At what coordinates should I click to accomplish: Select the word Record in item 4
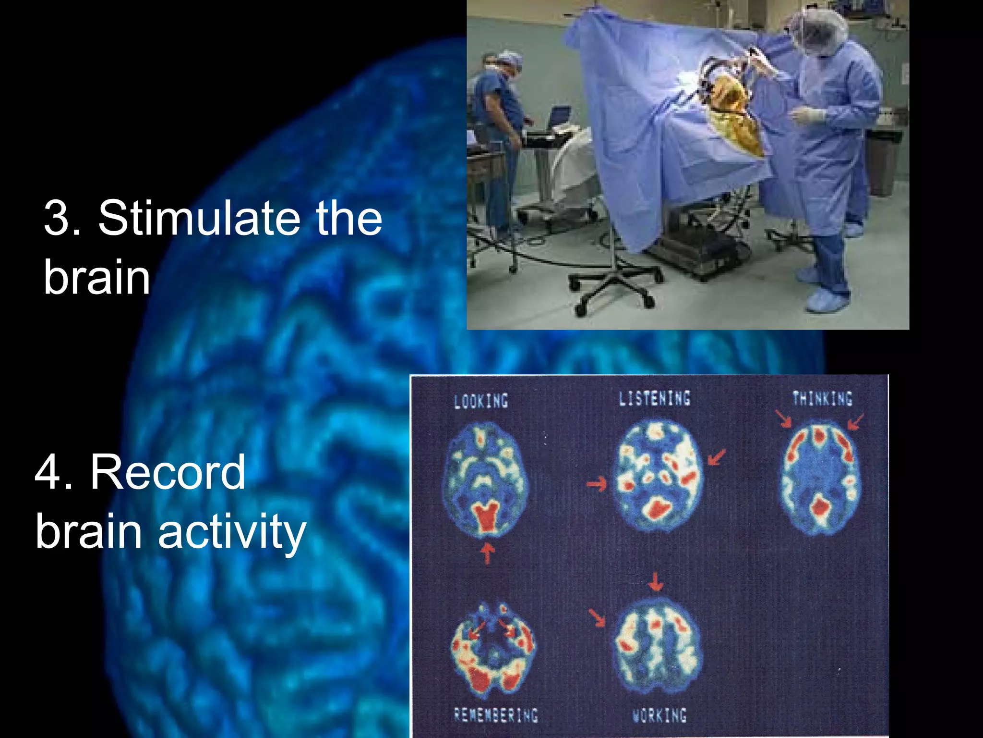(168, 473)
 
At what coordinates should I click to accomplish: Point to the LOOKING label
(481, 401)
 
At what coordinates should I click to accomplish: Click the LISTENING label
(654, 398)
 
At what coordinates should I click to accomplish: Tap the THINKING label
(822, 398)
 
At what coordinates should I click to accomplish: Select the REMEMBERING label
(496, 715)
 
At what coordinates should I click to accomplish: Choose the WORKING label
(659, 715)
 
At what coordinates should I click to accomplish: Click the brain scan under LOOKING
(485, 479)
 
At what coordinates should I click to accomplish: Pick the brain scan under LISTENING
(658, 476)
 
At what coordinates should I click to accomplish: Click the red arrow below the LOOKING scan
(488, 553)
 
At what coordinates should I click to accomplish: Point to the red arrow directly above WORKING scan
(656, 582)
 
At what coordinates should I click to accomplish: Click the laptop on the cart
(559, 117)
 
